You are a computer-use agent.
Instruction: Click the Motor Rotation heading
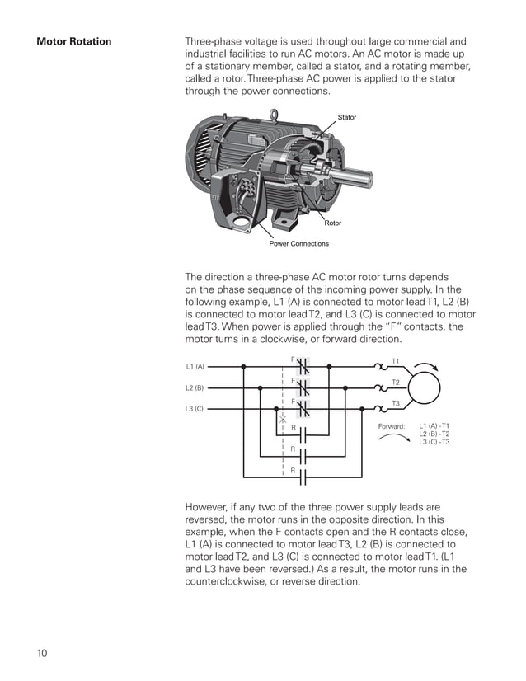pos(74,41)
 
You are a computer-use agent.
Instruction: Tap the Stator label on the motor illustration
pos(347,118)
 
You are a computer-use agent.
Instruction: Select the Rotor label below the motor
pos(333,223)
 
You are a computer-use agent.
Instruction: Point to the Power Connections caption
pos(298,244)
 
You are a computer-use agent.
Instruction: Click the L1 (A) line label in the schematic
pos(195,366)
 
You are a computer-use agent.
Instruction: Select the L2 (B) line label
pos(195,387)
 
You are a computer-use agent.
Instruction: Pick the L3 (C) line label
pos(195,409)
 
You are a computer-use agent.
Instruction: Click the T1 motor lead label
pos(395,361)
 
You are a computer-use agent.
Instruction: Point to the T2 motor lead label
pos(395,383)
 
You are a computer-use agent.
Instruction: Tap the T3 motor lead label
pos(395,403)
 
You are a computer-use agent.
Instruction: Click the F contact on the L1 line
pos(303,366)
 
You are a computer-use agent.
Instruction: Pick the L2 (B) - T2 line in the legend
pos(434,434)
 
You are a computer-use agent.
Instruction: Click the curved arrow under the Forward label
pos(393,439)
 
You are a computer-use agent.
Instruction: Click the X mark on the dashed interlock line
pos(283,420)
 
